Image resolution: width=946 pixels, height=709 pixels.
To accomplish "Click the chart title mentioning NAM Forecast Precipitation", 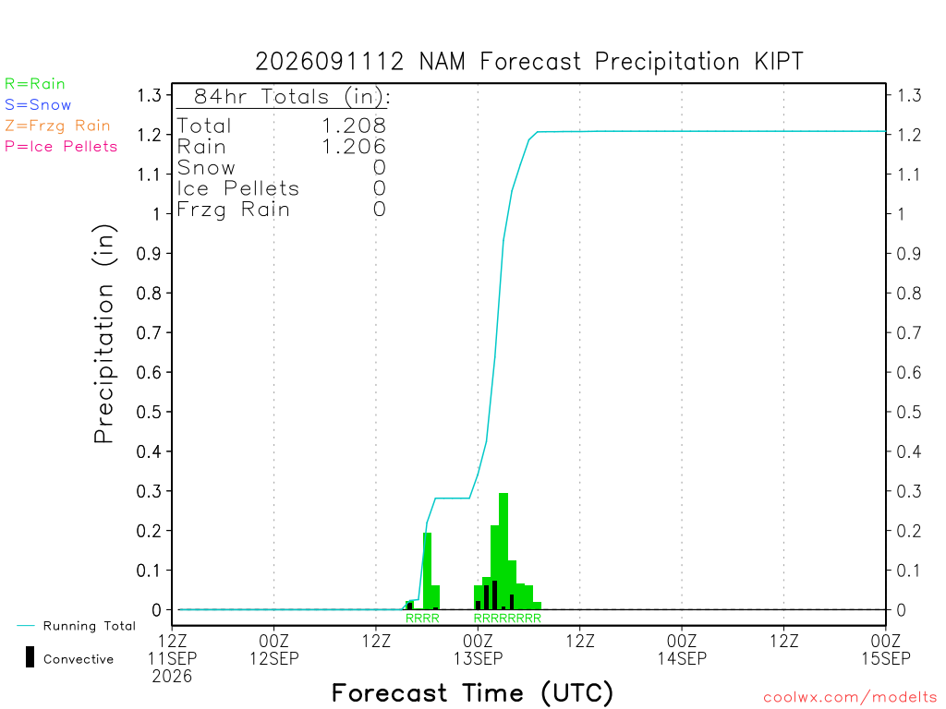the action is tap(529, 62).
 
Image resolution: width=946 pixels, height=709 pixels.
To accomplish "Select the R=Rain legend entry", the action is tap(35, 84).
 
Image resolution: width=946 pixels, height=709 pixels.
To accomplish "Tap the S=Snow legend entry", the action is tap(38, 105).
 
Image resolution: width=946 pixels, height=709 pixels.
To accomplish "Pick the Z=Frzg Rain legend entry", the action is tap(57, 126).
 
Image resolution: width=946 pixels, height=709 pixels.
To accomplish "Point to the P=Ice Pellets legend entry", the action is tap(61, 147).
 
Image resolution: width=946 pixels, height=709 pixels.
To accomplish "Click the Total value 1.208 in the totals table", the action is tap(354, 126).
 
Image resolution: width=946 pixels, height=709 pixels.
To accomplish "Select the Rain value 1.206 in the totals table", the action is tap(354, 147).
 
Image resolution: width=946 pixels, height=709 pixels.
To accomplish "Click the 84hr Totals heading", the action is tap(291, 96).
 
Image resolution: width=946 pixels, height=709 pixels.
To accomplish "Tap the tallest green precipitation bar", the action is tap(503, 551).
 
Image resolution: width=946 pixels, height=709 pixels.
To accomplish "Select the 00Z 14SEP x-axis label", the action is tap(682, 649).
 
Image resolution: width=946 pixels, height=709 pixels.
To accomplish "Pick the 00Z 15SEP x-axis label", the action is tap(886, 649).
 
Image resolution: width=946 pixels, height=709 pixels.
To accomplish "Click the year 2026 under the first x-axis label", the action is tap(172, 677).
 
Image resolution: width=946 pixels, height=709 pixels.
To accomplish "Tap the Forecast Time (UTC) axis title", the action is tap(472, 692).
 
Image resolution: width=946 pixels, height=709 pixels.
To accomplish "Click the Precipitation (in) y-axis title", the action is tap(103, 334).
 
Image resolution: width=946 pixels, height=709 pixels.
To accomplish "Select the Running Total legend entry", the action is tap(77, 626).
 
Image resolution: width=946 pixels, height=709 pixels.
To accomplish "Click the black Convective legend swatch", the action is tap(30, 657).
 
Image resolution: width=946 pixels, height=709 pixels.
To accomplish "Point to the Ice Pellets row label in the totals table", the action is tap(238, 188).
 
